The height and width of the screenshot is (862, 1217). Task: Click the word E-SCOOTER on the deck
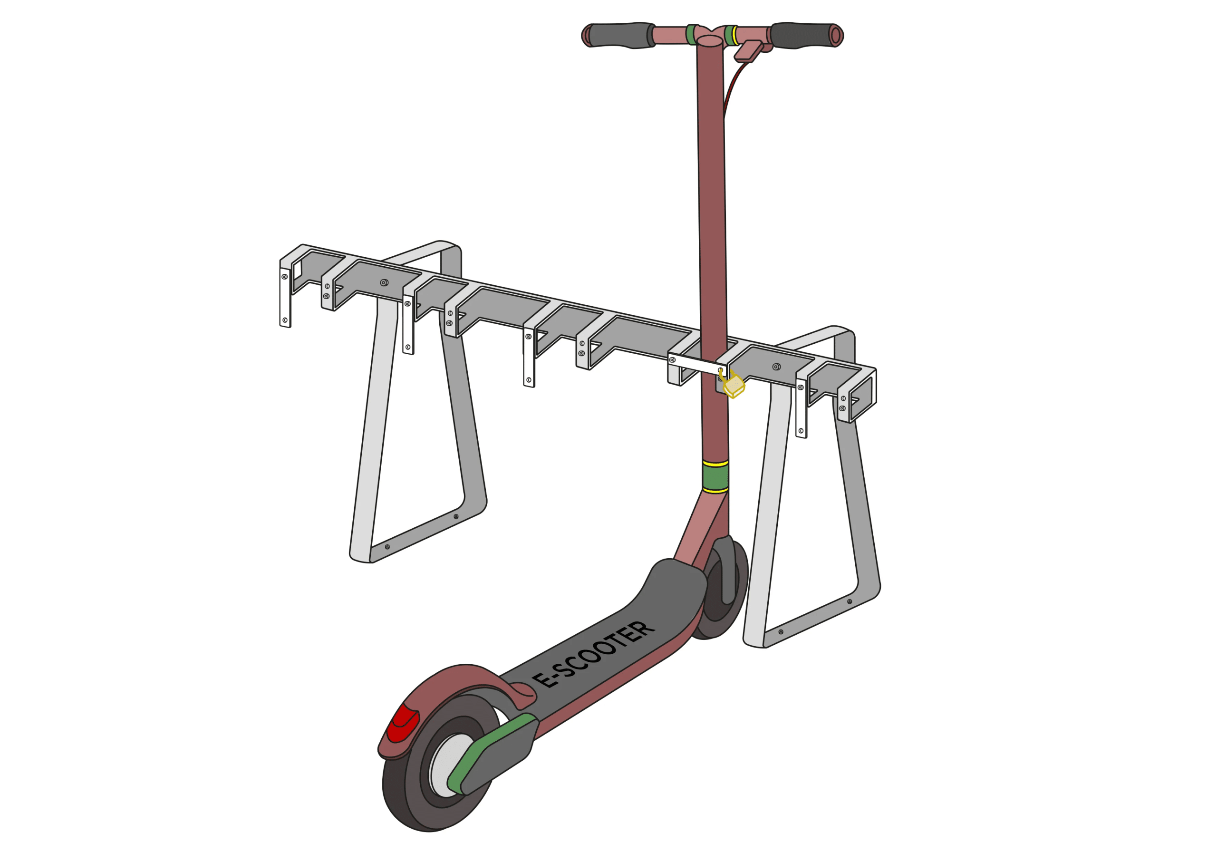pos(593,654)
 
